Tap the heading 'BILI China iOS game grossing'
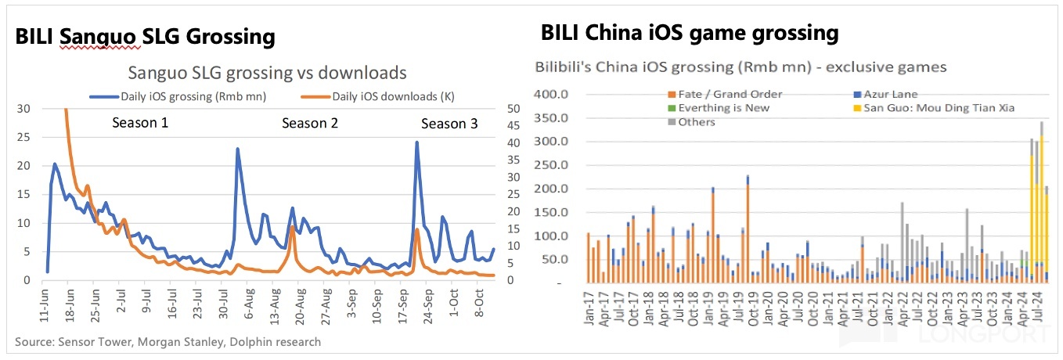tap(690, 33)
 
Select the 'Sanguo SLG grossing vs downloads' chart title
tap(268, 73)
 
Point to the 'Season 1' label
tap(140, 123)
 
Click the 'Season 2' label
tap(310, 123)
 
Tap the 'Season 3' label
tap(449, 124)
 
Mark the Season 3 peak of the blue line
tap(416, 142)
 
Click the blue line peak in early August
tap(237, 149)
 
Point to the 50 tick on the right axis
tap(513, 108)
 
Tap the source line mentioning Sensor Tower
tap(168, 342)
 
